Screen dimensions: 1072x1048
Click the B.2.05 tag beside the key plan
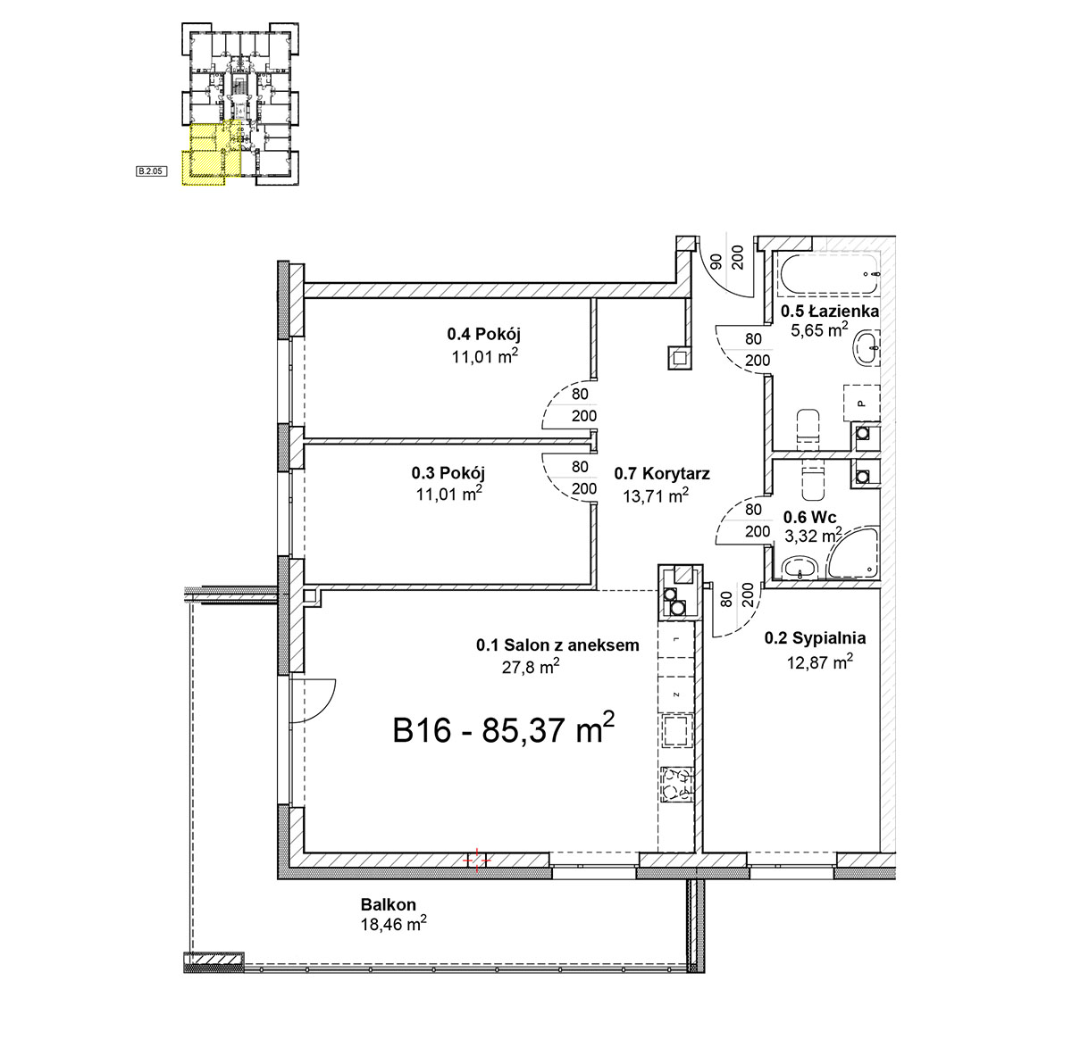150,171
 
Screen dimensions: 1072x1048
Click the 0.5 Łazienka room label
830,312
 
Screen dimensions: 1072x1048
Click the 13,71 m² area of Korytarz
656,496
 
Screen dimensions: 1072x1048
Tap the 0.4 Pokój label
483,334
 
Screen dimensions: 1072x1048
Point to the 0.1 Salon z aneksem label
557,645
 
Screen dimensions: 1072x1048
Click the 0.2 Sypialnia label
815,638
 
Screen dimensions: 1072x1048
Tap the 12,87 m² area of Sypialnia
820,662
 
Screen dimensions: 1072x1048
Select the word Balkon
389,904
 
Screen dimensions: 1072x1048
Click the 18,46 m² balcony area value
393,925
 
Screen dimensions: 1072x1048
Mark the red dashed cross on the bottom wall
476,860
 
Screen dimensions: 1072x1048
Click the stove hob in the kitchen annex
676,784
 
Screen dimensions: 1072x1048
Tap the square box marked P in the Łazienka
861,403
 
